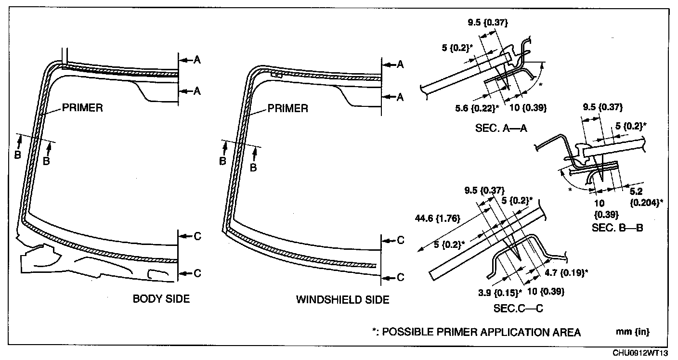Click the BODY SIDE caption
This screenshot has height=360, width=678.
(161, 299)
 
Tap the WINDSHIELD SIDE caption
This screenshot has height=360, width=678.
(342, 300)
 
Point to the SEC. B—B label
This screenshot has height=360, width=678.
(617, 227)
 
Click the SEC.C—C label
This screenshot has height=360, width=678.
(518, 309)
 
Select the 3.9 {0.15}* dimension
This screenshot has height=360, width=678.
(502, 292)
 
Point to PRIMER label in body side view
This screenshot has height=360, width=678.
(82, 108)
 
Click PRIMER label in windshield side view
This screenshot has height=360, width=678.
(287, 108)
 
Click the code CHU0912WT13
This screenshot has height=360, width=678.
(643, 353)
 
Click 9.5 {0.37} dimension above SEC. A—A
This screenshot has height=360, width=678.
(488, 23)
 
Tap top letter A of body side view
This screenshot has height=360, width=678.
(197, 60)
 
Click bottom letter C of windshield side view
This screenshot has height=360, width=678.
(401, 278)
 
